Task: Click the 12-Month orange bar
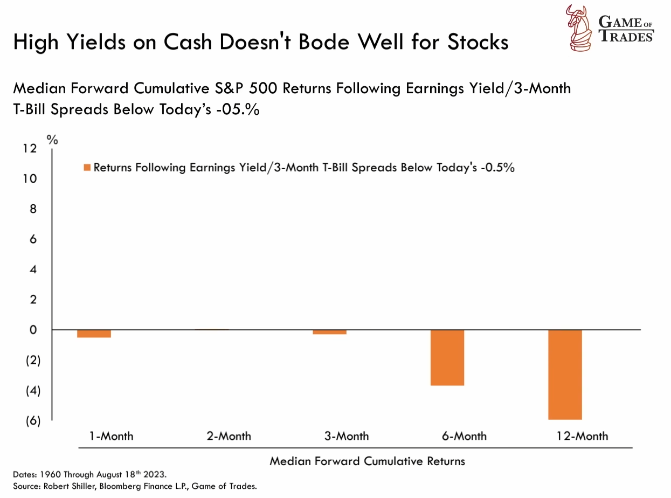tap(565, 374)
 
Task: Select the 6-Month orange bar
tap(447, 357)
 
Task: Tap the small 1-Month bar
tap(93, 334)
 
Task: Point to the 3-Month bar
tap(329, 332)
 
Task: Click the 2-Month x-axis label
tap(229, 435)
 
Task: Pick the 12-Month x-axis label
tap(582, 435)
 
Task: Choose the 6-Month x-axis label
tap(464, 435)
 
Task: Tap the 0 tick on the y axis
tap(33, 330)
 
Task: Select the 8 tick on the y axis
tap(33, 209)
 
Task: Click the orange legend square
tap(87, 168)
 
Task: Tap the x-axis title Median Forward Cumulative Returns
tap(367, 461)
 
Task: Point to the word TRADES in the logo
tap(627, 36)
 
